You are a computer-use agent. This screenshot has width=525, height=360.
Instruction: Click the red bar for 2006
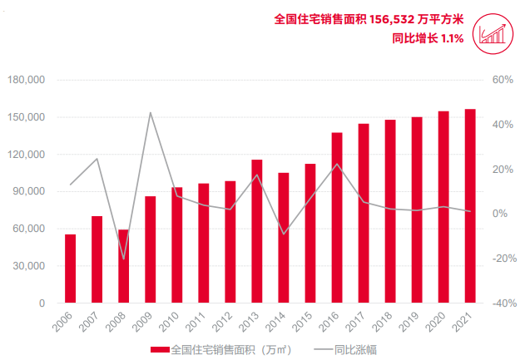click(70, 269)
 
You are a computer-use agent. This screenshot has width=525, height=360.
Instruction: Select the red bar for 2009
click(150, 249)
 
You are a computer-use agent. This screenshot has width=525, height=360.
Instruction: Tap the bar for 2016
click(337, 218)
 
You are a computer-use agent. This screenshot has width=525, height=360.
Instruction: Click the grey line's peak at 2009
click(150, 112)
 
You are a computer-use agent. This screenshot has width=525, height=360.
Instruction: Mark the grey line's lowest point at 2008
click(123, 259)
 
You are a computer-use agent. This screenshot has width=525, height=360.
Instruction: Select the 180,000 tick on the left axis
click(29, 81)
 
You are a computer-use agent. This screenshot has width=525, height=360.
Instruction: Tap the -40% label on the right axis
click(503, 303)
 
